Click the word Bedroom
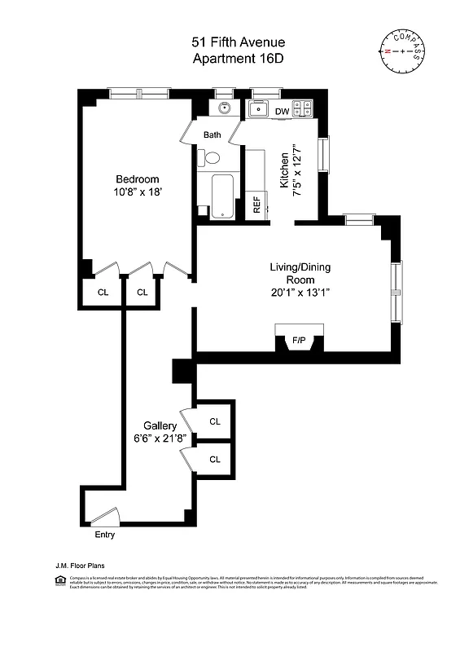click(137, 179)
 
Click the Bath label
click(212, 135)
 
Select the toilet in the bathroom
click(211, 158)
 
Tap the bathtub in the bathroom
click(221, 196)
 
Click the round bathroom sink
click(221, 109)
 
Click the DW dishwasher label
click(282, 112)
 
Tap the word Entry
click(105, 535)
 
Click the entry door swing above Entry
click(107, 517)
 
